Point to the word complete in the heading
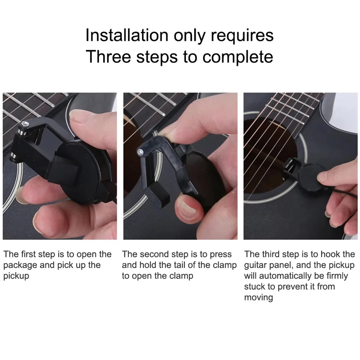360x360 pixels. pos(238,57)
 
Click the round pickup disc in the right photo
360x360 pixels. pos(309,174)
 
